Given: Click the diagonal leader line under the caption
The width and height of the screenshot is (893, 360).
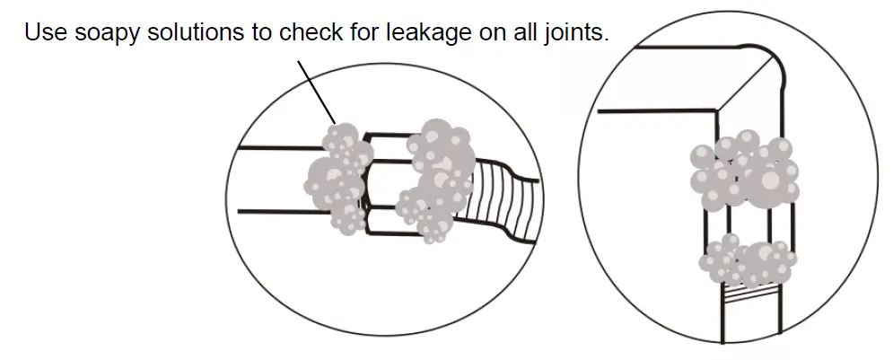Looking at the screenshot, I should [316, 90].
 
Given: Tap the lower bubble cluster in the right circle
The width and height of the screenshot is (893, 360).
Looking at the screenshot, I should [749, 261].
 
